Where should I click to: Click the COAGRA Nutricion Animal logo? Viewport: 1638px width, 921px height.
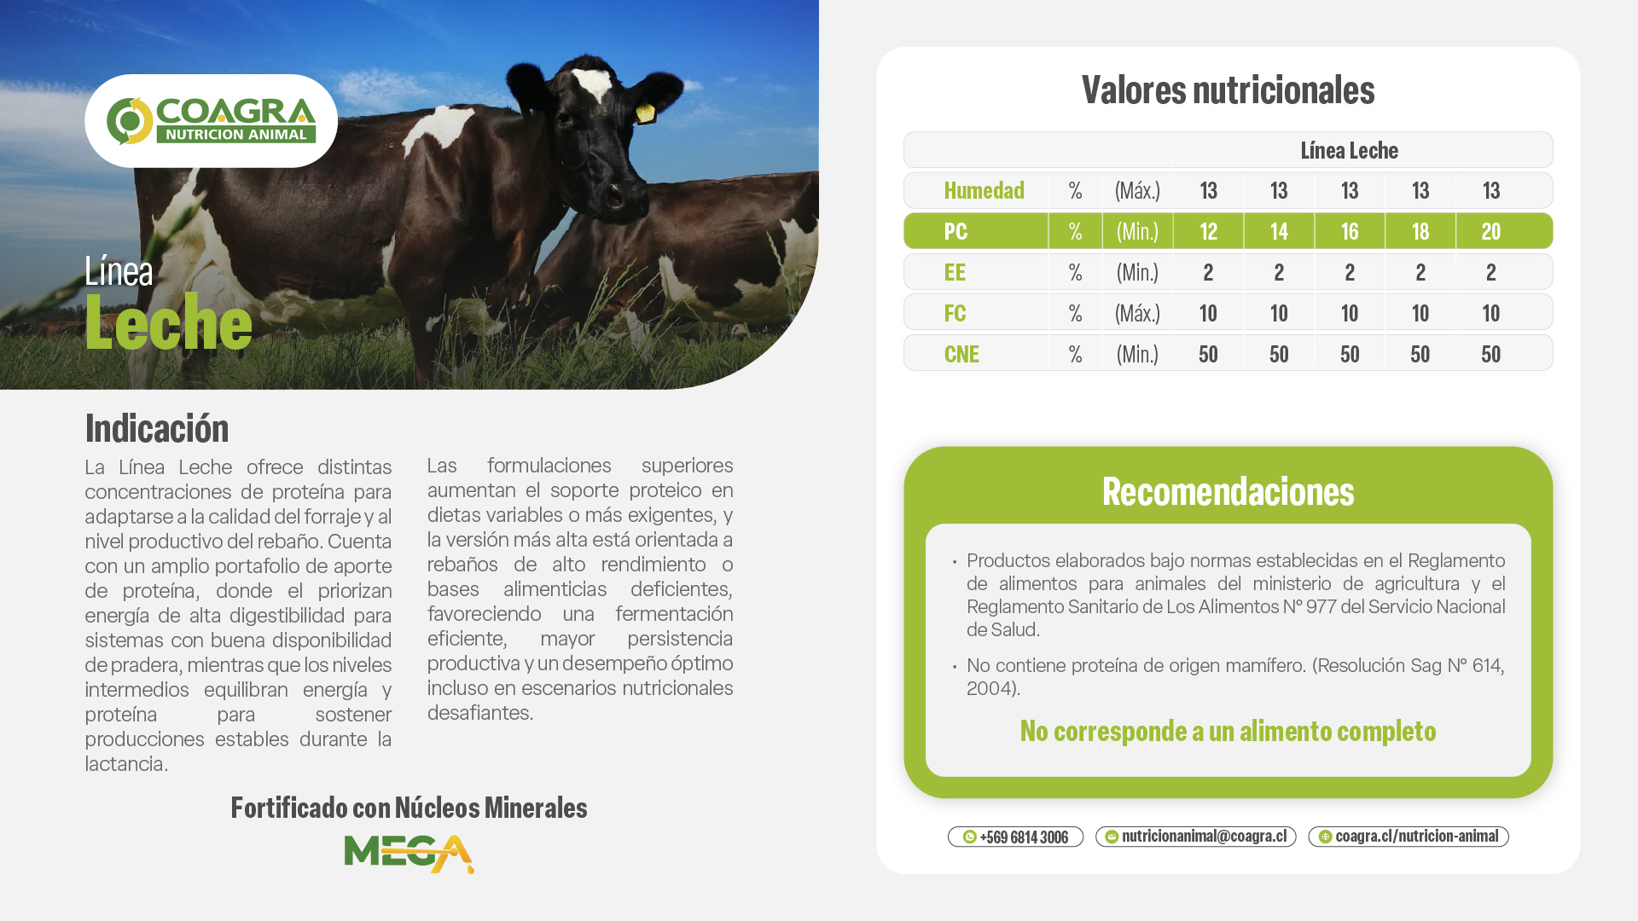click(x=211, y=120)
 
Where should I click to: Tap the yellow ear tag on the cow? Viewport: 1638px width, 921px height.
click(x=646, y=112)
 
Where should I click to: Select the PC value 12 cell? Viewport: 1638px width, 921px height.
click(x=1208, y=231)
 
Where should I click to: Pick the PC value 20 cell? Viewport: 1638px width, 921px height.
click(x=1490, y=231)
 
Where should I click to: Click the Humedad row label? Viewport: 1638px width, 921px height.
click(x=984, y=190)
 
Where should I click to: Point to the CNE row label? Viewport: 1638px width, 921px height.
click(x=961, y=354)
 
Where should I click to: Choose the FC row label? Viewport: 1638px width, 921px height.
click(x=955, y=313)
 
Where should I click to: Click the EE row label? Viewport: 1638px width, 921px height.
click(x=955, y=272)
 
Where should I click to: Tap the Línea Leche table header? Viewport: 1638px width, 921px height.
click(x=1349, y=150)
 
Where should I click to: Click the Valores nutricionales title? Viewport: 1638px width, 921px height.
click(x=1228, y=90)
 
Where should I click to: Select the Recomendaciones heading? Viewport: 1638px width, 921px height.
click(x=1228, y=491)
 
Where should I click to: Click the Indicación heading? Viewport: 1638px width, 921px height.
click(x=157, y=428)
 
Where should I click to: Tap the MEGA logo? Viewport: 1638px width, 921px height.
click(x=409, y=854)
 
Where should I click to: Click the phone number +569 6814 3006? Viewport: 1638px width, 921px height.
click(x=1015, y=837)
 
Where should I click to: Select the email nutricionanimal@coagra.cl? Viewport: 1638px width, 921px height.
click(x=1195, y=837)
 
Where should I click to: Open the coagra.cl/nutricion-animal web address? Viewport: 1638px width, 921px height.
click(x=1408, y=837)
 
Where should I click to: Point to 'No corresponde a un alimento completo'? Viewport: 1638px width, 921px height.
click(x=1228, y=731)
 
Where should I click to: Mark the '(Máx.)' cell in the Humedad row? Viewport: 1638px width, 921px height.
click(x=1137, y=190)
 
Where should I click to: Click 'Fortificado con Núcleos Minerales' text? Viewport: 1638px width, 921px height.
click(x=409, y=808)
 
